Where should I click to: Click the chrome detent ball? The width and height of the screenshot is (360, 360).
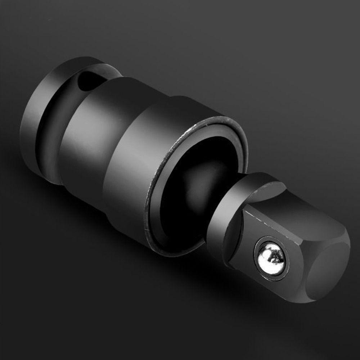coord(270,256)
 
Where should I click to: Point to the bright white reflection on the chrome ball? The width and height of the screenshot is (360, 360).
coord(267,254)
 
